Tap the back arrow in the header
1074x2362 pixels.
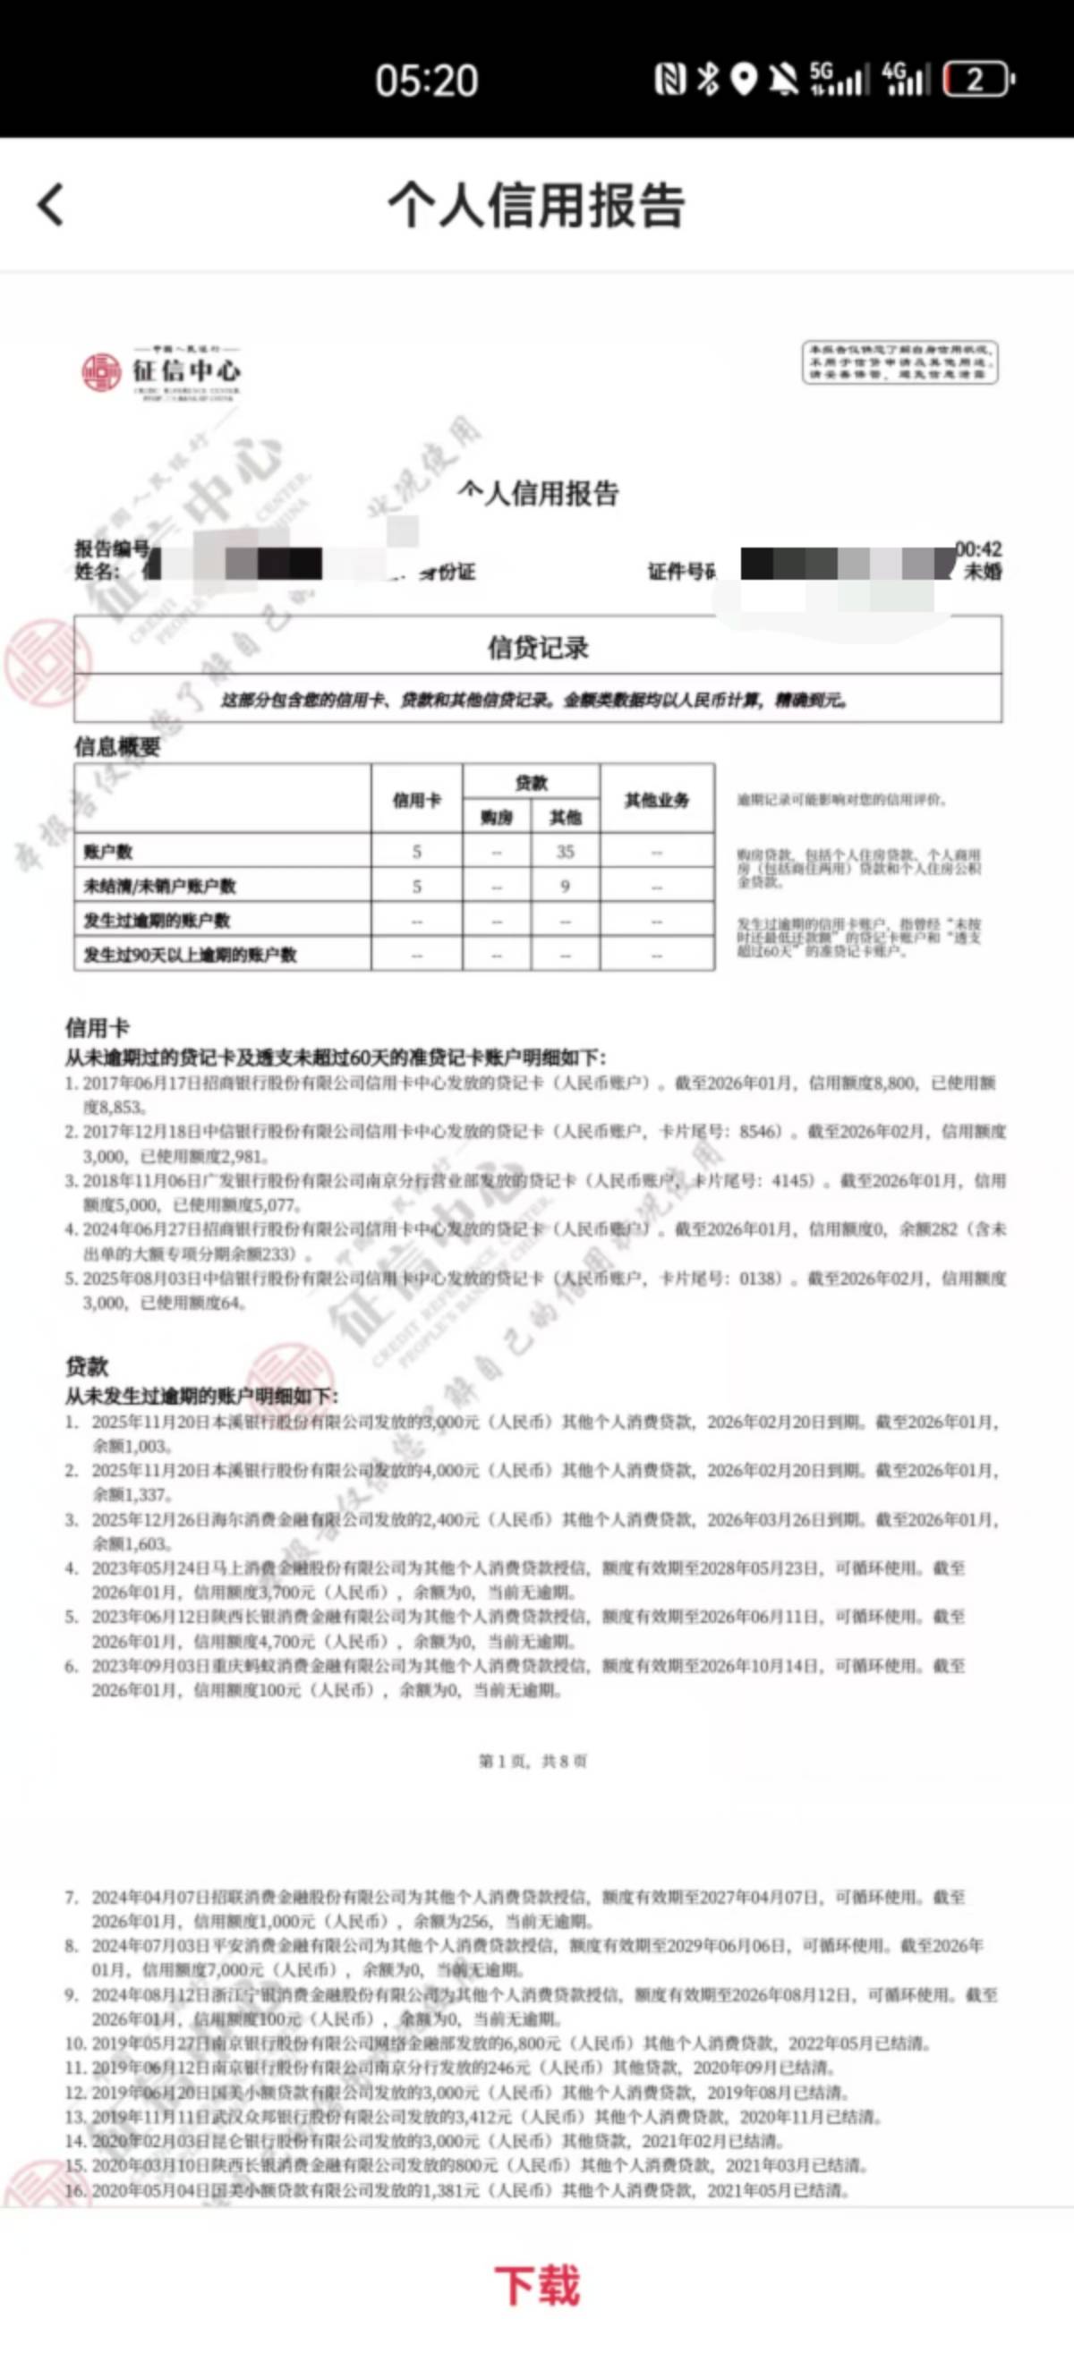coord(51,204)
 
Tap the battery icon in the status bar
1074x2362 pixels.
coord(977,80)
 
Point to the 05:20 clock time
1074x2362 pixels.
coord(427,81)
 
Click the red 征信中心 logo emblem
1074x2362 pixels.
coord(101,372)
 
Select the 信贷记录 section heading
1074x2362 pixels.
coord(538,649)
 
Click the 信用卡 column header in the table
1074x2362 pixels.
coord(416,801)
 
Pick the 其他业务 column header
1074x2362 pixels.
coord(657,801)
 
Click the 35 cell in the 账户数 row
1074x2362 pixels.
coord(565,852)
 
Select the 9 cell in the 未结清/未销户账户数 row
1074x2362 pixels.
coord(565,887)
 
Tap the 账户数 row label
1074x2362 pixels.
coord(108,852)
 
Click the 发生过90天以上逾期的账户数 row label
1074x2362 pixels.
coord(190,955)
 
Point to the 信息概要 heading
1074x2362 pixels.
coord(117,746)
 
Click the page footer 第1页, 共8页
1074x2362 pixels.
coord(533,1761)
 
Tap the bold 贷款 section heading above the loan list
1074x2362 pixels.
coord(87,1366)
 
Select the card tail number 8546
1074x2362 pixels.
coord(758,1132)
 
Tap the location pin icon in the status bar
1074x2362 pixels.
coord(745,80)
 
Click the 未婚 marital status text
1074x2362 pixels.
coord(983,571)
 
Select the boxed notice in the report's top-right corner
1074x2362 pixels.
coord(899,363)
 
